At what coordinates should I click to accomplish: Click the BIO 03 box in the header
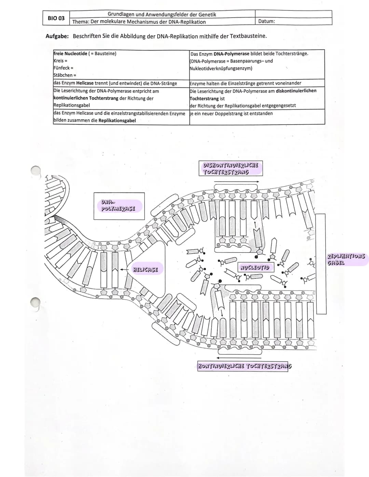56,18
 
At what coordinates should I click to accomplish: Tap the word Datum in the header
266,22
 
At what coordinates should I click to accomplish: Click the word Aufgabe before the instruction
57,36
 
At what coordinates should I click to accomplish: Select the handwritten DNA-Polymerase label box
119,206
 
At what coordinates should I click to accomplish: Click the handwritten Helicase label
145,270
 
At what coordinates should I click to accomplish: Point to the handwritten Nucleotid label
255,267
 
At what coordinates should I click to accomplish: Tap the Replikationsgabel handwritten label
346,259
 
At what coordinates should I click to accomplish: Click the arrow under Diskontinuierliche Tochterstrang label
238,182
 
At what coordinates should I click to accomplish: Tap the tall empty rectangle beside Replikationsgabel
321,263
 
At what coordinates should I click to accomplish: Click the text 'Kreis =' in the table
60,61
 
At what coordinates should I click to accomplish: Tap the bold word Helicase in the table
85,83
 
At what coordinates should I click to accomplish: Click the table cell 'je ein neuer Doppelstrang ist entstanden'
231,113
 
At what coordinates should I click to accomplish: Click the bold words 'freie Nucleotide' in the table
70,54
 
